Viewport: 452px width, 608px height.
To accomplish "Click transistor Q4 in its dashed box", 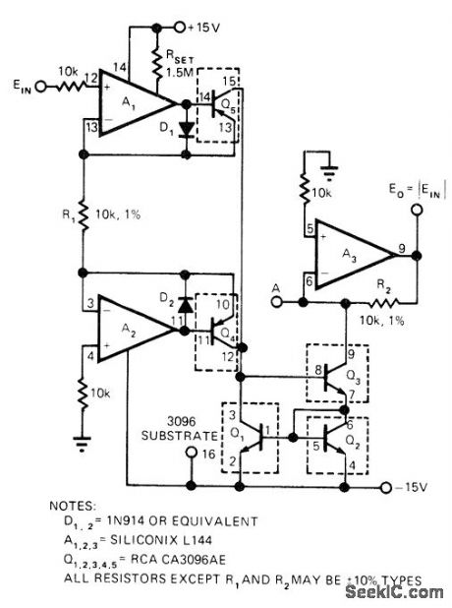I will pos(220,323).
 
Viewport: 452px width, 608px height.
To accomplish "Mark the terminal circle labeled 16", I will pos(193,455).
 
